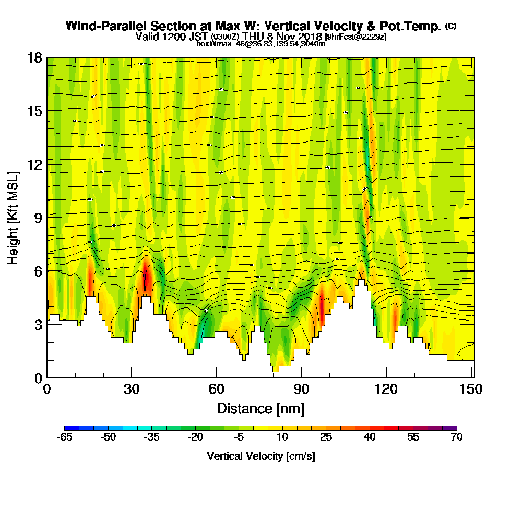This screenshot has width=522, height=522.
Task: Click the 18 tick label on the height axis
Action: point(34,57)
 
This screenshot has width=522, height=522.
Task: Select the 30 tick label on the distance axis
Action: point(132,389)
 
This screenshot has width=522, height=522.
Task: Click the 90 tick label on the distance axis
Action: point(301,389)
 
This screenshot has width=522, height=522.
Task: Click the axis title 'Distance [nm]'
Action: point(260,408)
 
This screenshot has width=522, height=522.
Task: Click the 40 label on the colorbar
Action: point(369,437)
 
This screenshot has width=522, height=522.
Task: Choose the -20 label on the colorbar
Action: point(195,437)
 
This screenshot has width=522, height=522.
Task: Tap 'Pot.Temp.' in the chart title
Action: point(414,26)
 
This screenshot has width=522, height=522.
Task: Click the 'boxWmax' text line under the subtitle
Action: point(260,44)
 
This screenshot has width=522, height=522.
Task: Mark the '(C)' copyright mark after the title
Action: point(450,26)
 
